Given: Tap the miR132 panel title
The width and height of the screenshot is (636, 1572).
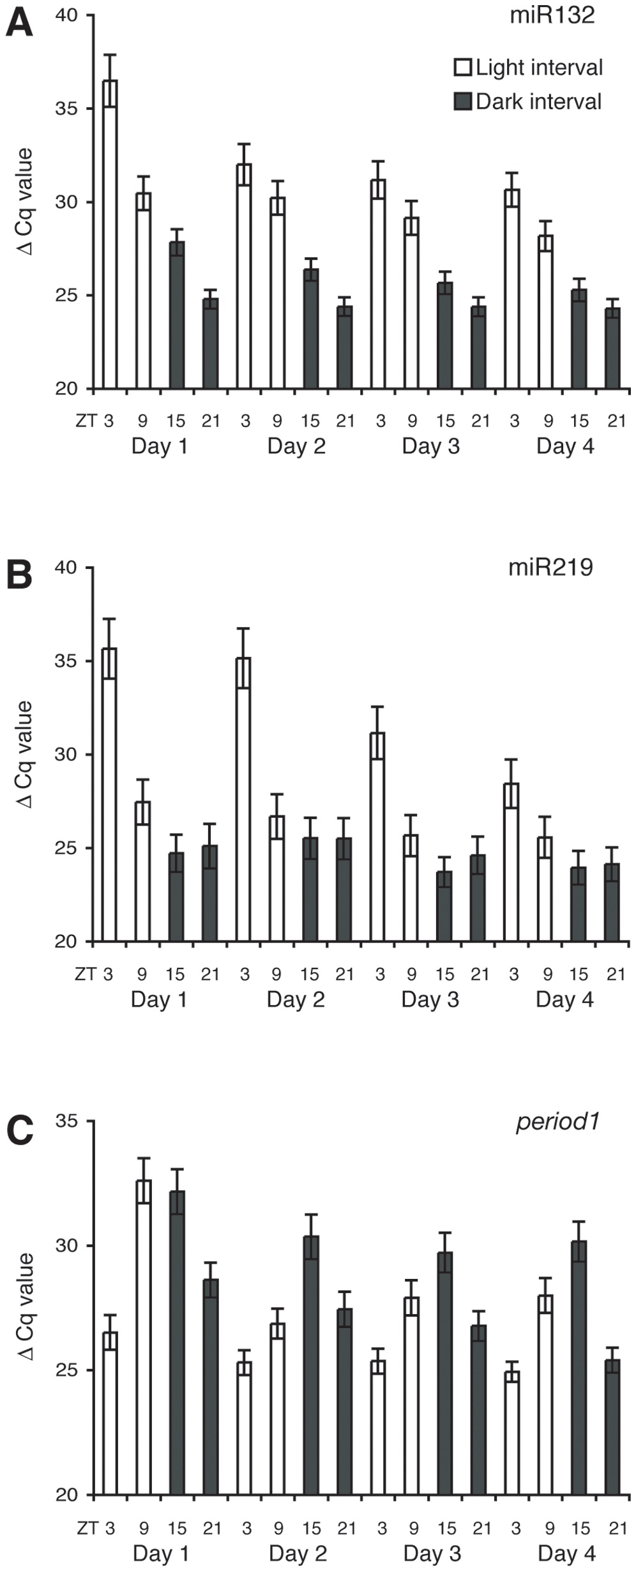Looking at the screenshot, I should (x=552, y=15).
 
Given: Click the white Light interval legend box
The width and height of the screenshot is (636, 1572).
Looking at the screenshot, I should (x=462, y=68).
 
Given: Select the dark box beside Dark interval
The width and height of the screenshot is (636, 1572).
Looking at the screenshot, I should (x=462, y=102).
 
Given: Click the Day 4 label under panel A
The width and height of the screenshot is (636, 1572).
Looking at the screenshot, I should (x=565, y=446).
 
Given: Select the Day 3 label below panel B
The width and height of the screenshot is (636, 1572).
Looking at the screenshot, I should (x=430, y=999).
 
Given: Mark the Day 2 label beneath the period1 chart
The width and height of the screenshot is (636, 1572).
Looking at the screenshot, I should (x=298, y=1553).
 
